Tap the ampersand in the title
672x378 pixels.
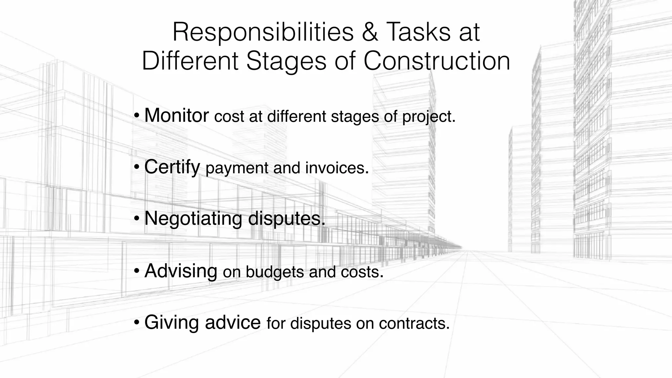(369, 32)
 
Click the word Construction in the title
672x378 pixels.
(437, 61)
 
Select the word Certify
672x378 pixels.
(172, 167)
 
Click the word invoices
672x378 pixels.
(337, 168)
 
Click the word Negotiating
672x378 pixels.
(193, 219)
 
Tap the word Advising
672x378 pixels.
(181, 271)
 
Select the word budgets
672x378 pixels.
(275, 272)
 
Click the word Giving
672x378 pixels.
(172, 323)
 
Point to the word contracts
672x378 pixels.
(414, 324)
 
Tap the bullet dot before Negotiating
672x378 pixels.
(137, 219)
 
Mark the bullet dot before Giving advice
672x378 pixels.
(137, 322)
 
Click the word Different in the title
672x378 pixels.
(190, 61)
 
